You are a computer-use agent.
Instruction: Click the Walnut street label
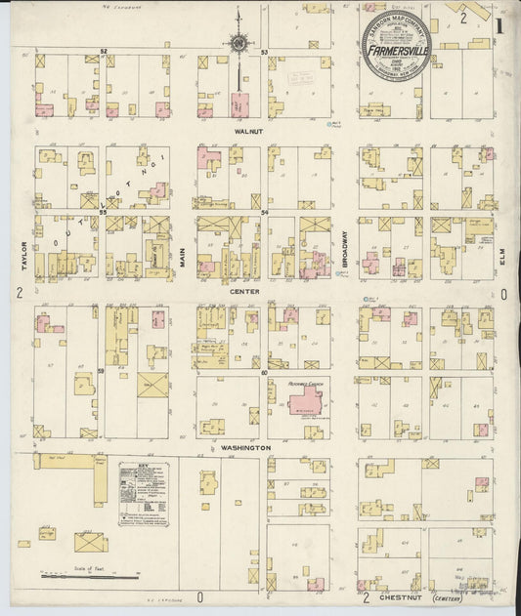[x=243, y=129]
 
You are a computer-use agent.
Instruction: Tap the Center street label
[x=243, y=291]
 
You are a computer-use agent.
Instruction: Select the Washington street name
[x=244, y=447]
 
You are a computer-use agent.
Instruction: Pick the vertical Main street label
[x=181, y=232]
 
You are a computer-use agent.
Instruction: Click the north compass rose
[x=238, y=42]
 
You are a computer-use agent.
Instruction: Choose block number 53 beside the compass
[x=265, y=51]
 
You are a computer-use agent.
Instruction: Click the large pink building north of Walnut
[x=238, y=105]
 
